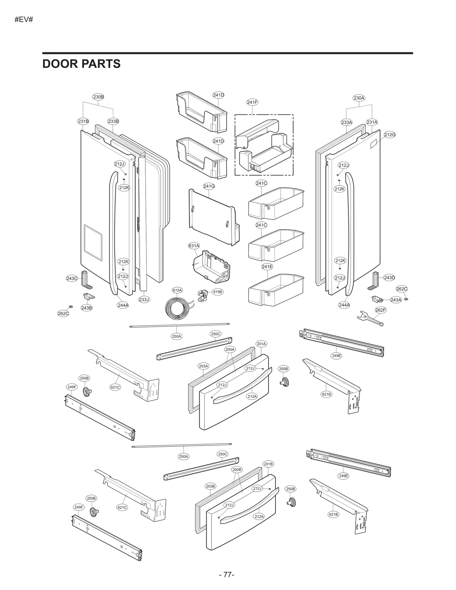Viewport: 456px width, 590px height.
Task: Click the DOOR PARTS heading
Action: (x=81, y=64)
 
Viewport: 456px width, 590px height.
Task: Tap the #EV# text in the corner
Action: (x=24, y=20)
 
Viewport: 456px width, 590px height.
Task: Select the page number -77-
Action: (x=227, y=575)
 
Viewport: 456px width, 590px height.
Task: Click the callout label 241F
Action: (x=252, y=102)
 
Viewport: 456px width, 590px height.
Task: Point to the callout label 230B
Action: (x=98, y=97)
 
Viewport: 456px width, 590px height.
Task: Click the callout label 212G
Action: (x=390, y=135)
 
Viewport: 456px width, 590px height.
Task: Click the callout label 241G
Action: (x=209, y=186)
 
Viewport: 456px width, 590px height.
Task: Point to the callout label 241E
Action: (x=267, y=267)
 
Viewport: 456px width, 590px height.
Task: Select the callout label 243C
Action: (x=72, y=278)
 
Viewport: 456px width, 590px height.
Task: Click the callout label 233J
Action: (x=144, y=299)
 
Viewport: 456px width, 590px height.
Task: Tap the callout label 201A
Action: (x=261, y=344)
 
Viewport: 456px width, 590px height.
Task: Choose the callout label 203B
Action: (x=210, y=486)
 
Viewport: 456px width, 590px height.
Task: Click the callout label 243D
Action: (x=389, y=277)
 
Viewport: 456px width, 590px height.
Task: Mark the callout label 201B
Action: (x=268, y=464)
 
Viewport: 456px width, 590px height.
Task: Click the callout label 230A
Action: (x=359, y=98)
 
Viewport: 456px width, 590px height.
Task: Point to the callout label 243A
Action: (x=396, y=300)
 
